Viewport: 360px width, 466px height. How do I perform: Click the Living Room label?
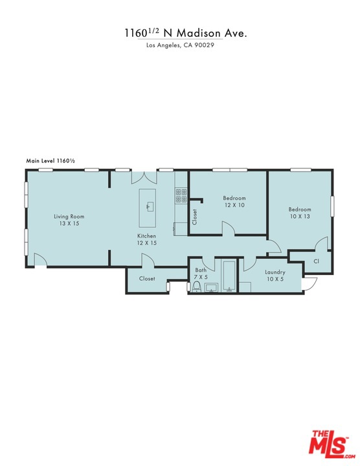click(69, 216)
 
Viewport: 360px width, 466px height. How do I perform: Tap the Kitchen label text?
click(146, 236)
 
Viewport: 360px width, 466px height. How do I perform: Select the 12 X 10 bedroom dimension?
click(234, 205)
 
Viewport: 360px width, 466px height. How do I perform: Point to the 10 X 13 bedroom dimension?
click(300, 216)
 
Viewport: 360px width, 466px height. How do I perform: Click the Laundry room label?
click(275, 272)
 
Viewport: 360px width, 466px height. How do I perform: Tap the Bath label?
click(201, 270)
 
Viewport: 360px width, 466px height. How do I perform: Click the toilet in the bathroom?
click(196, 287)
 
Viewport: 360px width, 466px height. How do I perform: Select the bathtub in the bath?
click(229, 276)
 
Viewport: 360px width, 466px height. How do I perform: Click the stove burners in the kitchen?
click(181, 195)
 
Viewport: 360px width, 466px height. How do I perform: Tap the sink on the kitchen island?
click(150, 206)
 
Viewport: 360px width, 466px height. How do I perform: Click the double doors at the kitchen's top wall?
click(144, 177)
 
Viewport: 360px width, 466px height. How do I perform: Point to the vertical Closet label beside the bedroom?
click(195, 217)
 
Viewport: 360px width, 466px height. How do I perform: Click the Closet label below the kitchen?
click(147, 279)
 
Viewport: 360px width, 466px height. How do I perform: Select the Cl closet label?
click(317, 261)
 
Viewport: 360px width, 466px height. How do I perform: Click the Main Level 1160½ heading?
click(51, 161)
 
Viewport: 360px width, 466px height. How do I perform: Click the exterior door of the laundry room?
click(310, 283)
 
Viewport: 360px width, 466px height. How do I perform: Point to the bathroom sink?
click(211, 287)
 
